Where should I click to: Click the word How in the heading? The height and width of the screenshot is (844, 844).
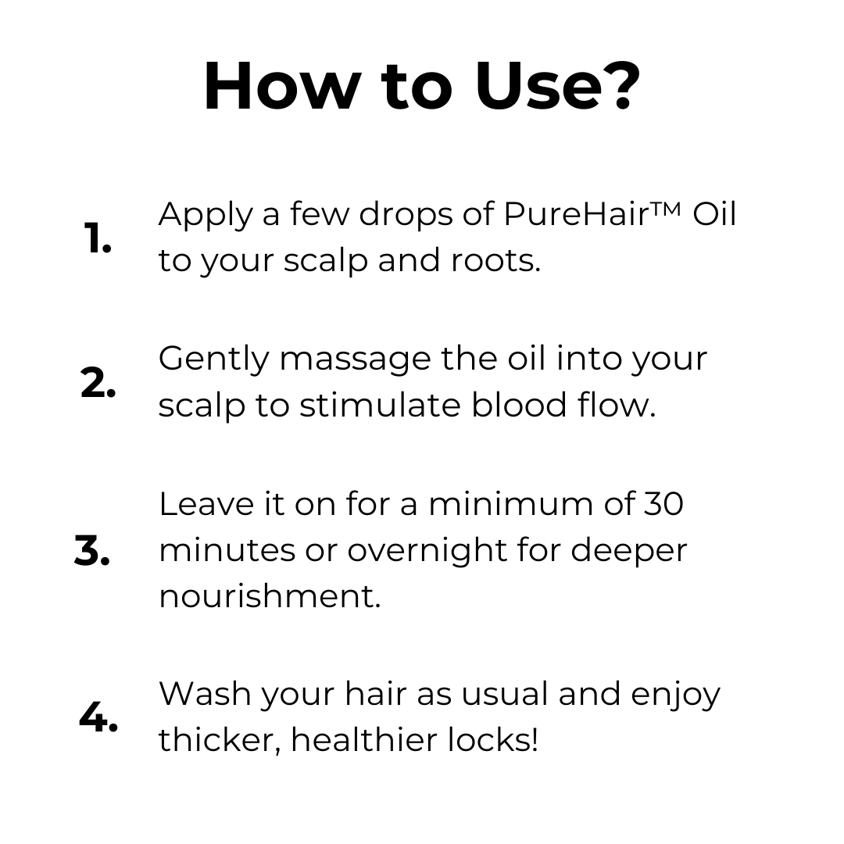(x=280, y=86)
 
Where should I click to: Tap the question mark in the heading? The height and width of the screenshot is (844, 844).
(x=618, y=86)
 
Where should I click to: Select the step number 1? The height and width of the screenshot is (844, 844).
(x=98, y=238)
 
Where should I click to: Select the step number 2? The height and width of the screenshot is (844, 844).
(x=98, y=384)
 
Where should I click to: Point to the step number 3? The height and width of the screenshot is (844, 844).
(x=92, y=552)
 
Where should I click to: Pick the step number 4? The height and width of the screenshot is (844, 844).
(x=98, y=717)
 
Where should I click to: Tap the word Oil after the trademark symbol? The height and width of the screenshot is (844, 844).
(x=714, y=214)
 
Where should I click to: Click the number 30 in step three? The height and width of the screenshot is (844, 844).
(x=663, y=504)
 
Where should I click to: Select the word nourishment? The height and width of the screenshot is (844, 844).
(x=270, y=596)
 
